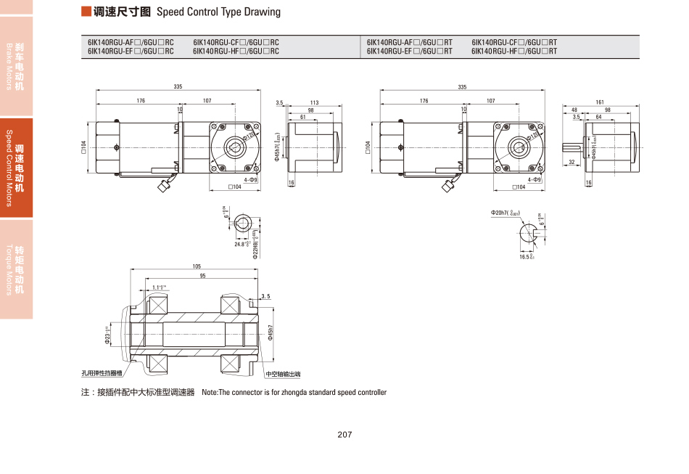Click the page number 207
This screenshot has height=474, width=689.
point(344,435)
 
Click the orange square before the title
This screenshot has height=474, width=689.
point(86,12)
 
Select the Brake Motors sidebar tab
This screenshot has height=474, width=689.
point(16,65)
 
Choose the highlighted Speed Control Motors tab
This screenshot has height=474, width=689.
point(16,168)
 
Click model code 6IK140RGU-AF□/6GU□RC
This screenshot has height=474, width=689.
point(131,43)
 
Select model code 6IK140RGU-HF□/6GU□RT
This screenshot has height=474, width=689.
point(514,52)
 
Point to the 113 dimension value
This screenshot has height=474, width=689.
point(314,103)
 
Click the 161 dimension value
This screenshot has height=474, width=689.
point(600,102)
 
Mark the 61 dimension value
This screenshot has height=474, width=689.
point(302,117)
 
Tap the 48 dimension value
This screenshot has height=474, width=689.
point(574,110)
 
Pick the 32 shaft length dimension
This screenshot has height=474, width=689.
point(572,162)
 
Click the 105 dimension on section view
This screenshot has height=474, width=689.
point(197,266)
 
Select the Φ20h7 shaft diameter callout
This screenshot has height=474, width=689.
point(505,213)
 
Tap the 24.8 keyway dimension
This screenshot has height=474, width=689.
point(241,245)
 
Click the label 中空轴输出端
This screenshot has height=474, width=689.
point(283,375)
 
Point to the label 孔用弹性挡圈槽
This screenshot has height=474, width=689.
point(102,375)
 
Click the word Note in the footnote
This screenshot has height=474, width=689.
point(210,393)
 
